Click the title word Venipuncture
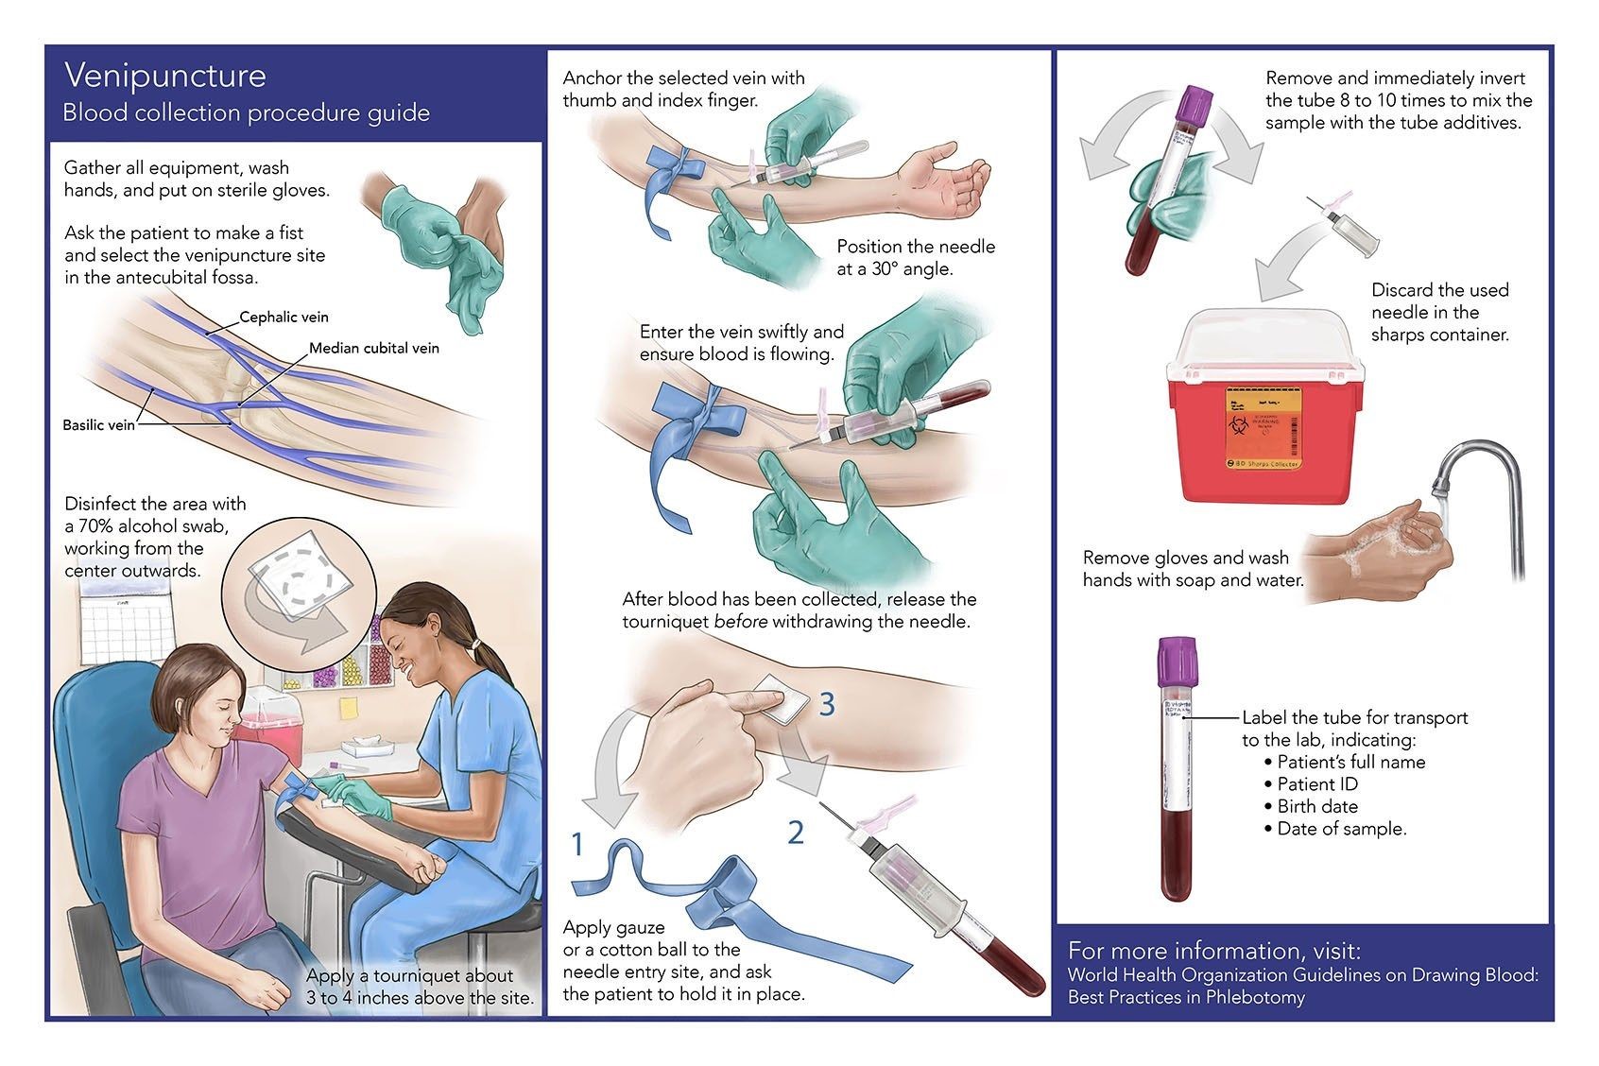tap(164, 76)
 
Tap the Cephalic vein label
tap(284, 318)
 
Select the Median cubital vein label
tap(373, 349)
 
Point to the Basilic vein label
tap(98, 425)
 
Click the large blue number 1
tap(578, 844)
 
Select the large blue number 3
tap(827, 704)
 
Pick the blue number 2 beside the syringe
tap(796, 833)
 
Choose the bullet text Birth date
tap(1317, 807)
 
